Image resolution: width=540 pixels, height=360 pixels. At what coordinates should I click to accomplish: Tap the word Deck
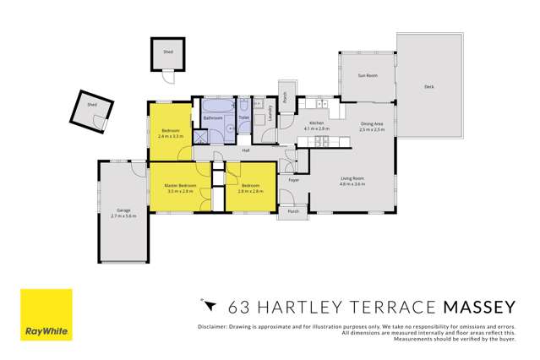(x=428, y=86)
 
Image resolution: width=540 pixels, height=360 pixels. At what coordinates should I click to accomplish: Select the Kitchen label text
(x=317, y=123)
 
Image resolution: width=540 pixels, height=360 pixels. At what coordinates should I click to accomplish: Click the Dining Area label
(x=372, y=123)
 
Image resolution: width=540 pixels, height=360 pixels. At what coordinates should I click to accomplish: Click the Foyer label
(x=294, y=181)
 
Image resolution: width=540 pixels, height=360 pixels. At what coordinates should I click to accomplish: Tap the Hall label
(x=246, y=150)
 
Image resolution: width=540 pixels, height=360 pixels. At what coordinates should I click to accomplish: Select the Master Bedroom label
(x=181, y=185)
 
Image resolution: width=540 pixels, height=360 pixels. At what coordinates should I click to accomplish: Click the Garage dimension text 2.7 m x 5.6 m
(x=123, y=216)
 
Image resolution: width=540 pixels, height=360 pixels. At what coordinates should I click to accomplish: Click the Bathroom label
(x=213, y=118)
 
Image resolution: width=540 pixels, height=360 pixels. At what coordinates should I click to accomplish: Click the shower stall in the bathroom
(x=201, y=137)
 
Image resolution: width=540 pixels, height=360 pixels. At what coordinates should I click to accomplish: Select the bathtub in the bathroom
(x=212, y=106)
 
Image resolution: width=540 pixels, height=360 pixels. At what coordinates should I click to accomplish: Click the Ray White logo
(x=46, y=314)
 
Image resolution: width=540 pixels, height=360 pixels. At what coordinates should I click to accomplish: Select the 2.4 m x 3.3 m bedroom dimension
(x=171, y=135)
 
